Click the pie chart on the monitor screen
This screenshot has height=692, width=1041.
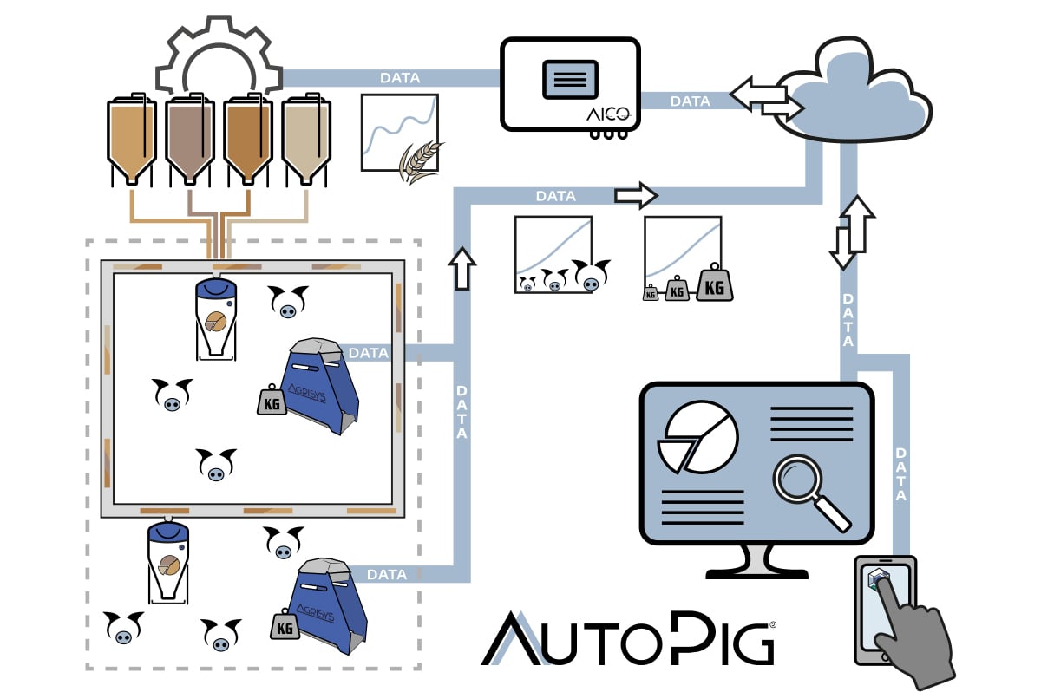(697, 438)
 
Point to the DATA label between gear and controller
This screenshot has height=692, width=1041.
(400, 78)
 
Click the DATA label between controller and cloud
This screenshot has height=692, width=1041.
(691, 101)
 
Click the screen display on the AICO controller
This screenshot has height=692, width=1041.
(569, 79)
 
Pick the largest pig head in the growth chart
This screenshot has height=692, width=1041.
(592, 277)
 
